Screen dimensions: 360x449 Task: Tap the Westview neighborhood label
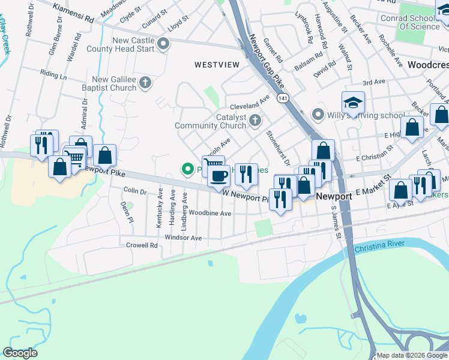(216, 64)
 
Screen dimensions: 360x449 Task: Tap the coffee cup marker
(218, 176)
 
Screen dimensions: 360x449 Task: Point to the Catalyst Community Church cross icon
(255, 121)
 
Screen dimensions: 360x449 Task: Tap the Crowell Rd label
(141, 245)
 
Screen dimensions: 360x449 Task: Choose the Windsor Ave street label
(183, 238)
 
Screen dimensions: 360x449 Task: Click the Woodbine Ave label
(209, 213)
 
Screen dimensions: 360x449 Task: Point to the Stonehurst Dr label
(278, 148)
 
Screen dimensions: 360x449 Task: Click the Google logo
(20, 353)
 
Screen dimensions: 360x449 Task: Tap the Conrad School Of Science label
(410, 22)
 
